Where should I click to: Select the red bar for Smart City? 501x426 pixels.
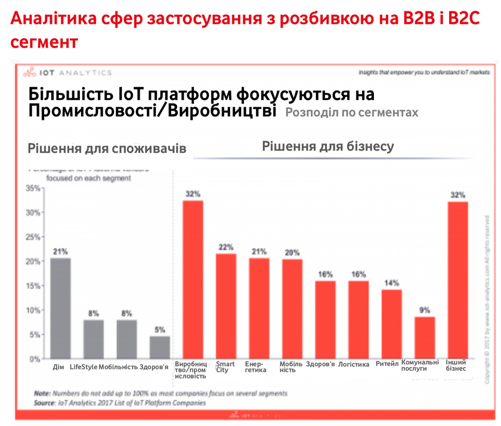[x=225, y=306]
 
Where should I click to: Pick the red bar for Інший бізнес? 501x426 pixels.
[x=457, y=280]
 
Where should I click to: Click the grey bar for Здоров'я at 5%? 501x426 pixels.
[x=159, y=347]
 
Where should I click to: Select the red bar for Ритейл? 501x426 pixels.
[x=392, y=324]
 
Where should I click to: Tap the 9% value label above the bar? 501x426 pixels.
[x=424, y=309]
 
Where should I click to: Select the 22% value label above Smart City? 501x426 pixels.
[x=225, y=247]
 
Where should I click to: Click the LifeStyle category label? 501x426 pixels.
[x=83, y=365]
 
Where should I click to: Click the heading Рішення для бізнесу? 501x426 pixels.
[x=327, y=146]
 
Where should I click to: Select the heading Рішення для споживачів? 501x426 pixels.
[x=107, y=148]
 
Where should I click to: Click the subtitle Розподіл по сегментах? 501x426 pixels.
[x=351, y=112]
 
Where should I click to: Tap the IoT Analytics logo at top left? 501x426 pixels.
[x=67, y=73]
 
